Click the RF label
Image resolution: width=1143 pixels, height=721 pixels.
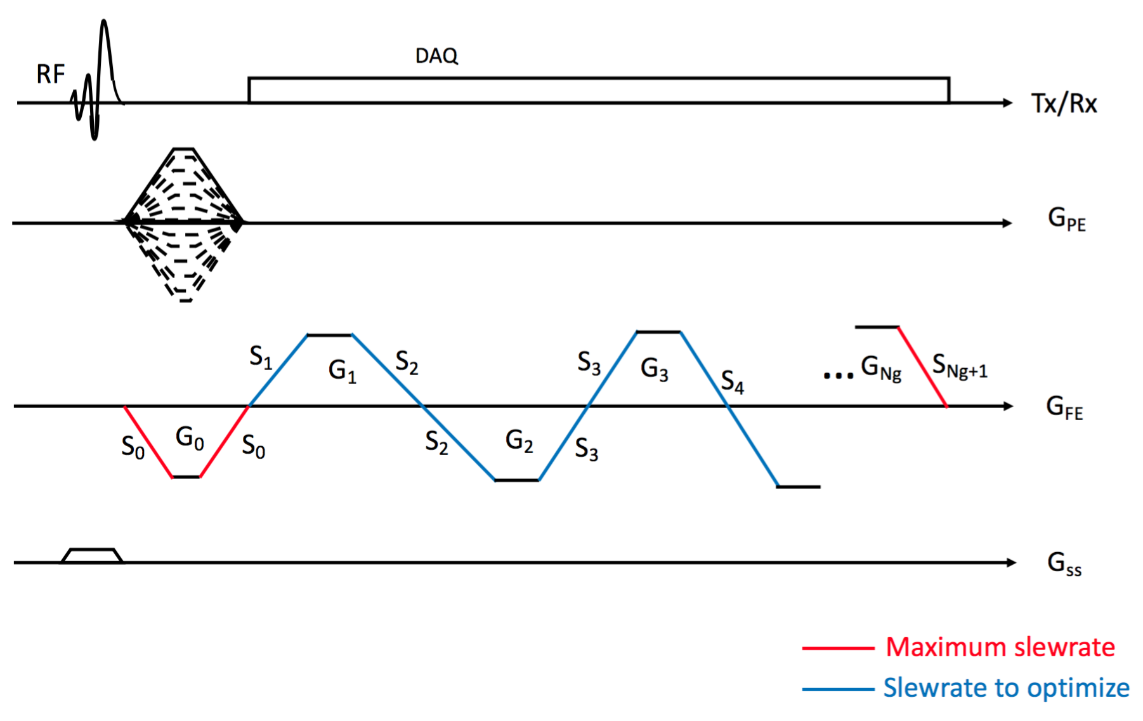click(50, 74)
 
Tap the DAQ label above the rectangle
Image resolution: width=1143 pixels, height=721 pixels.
click(436, 56)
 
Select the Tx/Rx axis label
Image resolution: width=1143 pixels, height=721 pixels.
click(1064, 103)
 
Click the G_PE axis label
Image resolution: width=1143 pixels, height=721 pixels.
click(1066, 220)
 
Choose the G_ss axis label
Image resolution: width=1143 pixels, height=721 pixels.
click(1064, 563)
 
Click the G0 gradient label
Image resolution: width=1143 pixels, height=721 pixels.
click(190, 438)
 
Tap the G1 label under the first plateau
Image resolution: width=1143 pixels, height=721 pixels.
click(342, 371)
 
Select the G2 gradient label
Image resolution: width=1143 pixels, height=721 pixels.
click(519, 440)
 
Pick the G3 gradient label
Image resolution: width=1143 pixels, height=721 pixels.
click(654, 369)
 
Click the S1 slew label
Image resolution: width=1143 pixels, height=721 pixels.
click(261, 357)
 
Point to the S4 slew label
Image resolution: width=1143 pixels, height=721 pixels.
click(732, 382)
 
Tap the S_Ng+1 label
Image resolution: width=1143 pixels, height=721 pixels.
click(959, 366)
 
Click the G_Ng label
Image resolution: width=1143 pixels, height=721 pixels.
click(880, 367)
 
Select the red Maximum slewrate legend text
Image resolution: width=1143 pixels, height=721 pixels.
click(1000, 647)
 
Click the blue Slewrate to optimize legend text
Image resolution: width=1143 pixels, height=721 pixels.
click(1006, 688)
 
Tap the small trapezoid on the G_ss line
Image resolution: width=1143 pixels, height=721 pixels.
click(92, 555)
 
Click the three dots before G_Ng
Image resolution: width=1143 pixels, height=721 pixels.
click(838, 376)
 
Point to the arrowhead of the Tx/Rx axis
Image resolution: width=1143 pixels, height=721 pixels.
click(1007, 103)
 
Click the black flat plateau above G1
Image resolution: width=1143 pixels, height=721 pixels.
click(329, 334)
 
